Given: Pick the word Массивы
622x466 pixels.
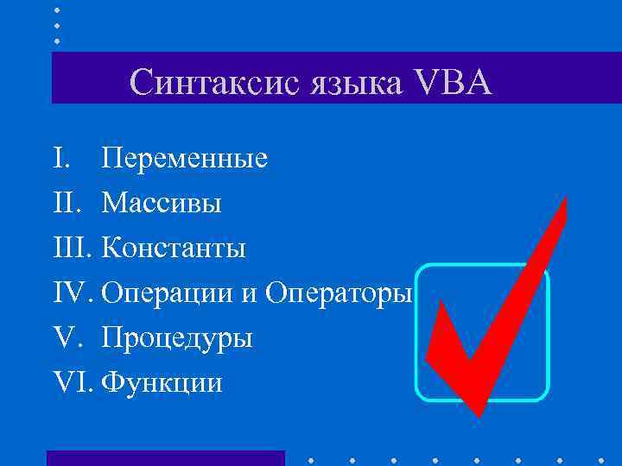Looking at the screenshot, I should [162, 205].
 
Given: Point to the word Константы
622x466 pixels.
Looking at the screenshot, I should [174, 249].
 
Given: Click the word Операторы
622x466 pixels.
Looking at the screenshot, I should [339, 294].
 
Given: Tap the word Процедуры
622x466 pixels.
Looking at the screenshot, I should [177, 338].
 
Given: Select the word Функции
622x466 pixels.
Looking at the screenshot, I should [162, 383].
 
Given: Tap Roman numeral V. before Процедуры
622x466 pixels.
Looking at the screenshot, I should [64, 338].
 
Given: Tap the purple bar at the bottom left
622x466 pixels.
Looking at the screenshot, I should [165, 457].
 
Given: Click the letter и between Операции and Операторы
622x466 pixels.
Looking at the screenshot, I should [249, 296].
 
